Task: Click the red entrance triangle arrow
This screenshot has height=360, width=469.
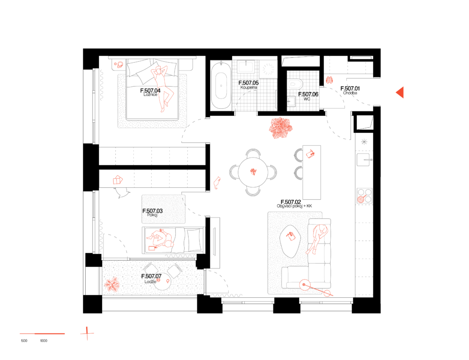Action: pos(400,93)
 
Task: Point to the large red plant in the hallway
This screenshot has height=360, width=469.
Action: pos(280,128)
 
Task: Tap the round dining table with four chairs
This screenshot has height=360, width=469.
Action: pos(253,172)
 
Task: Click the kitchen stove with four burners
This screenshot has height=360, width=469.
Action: pos(365,196)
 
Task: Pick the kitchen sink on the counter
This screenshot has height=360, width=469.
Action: pos(363,159)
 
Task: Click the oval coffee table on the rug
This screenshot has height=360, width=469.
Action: pos(290,240)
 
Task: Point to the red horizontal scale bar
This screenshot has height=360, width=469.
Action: pos(42,334)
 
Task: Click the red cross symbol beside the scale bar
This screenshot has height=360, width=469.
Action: pos(87,333)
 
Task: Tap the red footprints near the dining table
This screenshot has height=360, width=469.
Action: pos(217,183)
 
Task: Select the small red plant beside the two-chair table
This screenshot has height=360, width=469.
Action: pos(112,284)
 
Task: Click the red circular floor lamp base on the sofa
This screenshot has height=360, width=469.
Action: pos(305,285)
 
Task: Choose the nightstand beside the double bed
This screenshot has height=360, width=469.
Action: pos(118,65)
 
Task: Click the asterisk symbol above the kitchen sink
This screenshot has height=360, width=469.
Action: pos(364,142)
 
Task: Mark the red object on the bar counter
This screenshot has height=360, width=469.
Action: pos(310,154)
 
